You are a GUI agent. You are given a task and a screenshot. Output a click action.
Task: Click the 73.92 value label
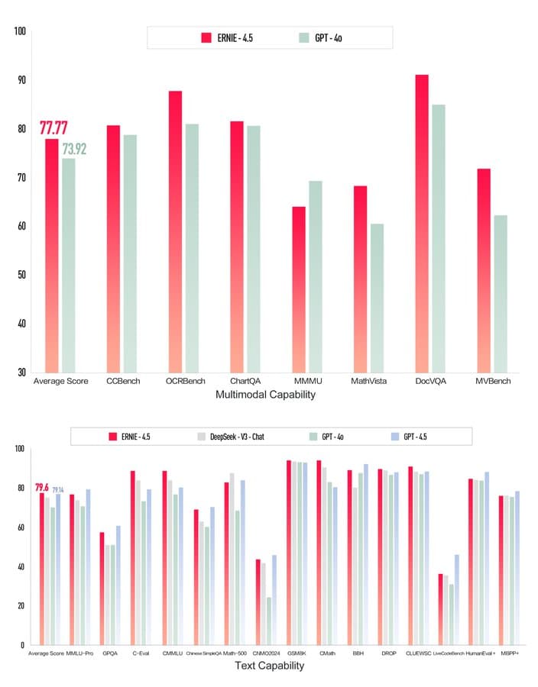point(73,149)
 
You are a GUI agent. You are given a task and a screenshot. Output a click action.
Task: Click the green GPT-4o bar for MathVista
point(377,298)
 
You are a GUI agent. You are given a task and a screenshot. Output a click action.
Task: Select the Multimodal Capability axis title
point(266,395)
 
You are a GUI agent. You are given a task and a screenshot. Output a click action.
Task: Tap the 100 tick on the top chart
point(20,32)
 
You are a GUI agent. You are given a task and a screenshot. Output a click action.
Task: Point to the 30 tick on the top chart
point(21,373)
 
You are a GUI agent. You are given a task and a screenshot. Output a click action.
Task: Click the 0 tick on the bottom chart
point(22,646)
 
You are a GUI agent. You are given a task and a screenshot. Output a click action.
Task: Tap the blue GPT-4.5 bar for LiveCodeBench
point(458,599)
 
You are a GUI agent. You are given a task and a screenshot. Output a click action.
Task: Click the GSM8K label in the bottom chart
point(295,654)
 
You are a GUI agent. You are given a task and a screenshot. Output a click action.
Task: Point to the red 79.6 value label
point(41,488)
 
